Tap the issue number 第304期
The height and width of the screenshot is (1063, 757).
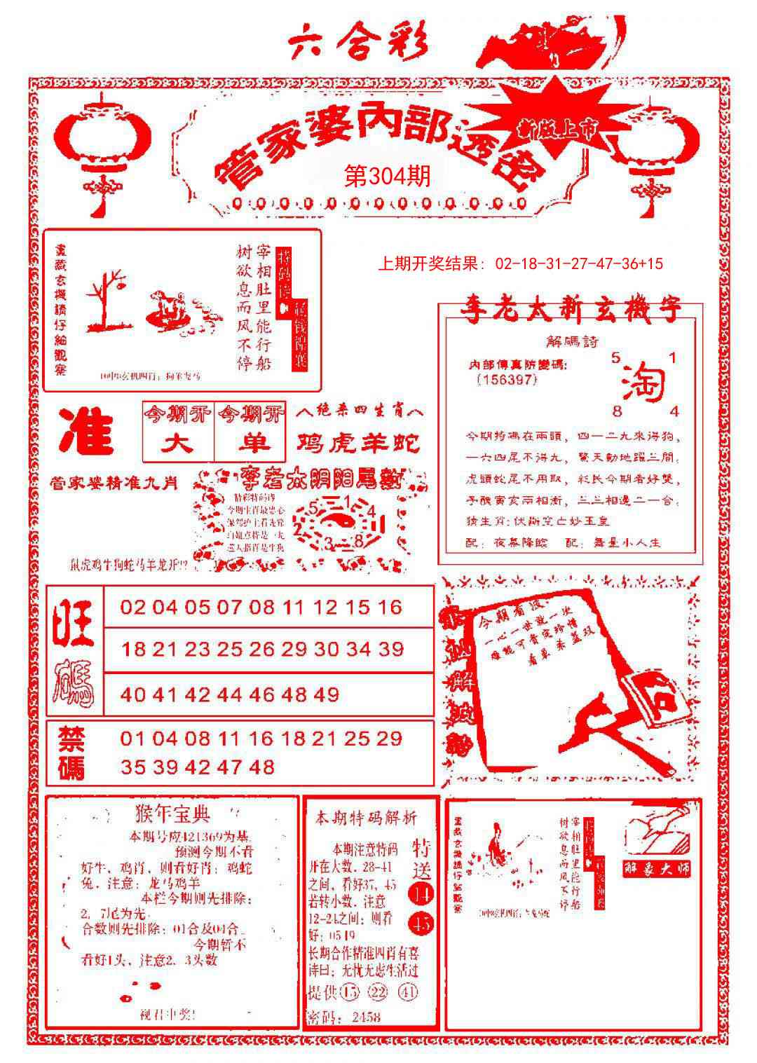(388, 176)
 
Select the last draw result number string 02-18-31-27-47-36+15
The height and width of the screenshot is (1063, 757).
(579, 264)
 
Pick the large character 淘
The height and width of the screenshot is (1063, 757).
(643, 383)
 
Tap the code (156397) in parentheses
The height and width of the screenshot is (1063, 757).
(505, 379)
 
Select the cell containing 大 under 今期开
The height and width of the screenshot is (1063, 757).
(178, 444)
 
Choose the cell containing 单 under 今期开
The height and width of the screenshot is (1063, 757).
(250, 444)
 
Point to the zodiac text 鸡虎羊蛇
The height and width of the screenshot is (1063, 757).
(359, 443)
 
